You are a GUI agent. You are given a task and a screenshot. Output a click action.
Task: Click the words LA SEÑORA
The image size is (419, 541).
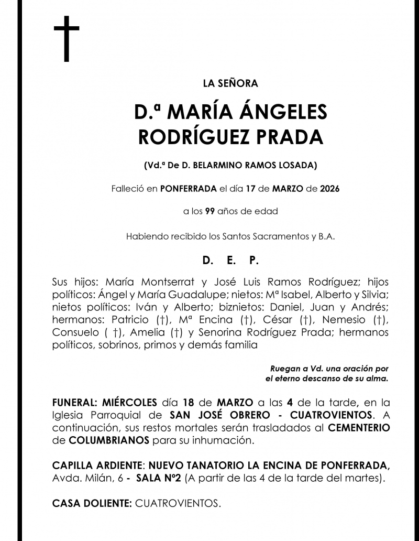tap(230, 83)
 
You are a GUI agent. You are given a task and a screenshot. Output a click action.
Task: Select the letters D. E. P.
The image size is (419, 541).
tap(230, 260)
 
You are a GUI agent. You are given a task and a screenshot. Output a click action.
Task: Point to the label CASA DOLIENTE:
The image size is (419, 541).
tap(92, 503)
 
